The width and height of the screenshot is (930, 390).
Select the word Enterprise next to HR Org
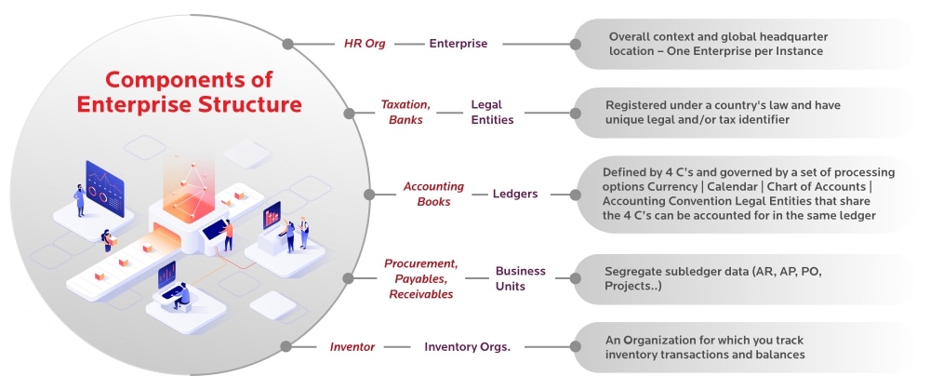tap(458, 43)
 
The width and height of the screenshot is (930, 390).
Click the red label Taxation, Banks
tap(405, 112)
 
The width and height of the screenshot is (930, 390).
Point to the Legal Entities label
tap(492, 112)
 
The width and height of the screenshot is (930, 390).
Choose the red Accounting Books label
tap(433, 194)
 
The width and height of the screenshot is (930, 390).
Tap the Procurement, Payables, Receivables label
tap(421, 278)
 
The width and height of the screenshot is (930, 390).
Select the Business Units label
tap(520, 278)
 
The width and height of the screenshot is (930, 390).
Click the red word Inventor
tap(352, 347)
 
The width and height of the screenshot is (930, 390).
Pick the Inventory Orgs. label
tap(467, 347)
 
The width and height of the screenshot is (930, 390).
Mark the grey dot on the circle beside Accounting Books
tap(368, 195)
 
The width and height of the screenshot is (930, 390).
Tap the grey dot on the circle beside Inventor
tap(286, 347)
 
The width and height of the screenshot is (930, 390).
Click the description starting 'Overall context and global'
tap(718, 43)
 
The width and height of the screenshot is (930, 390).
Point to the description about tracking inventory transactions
tap(704, 347)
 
